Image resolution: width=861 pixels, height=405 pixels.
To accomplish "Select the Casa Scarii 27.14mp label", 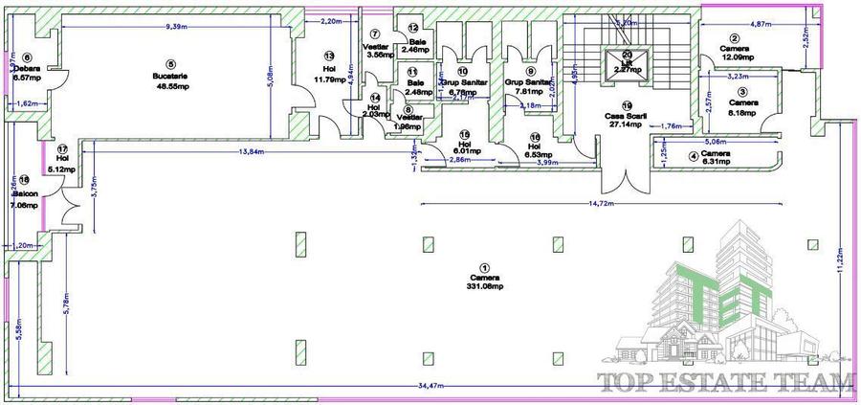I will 627,118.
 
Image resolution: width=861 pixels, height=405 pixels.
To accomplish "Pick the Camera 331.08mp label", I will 484,282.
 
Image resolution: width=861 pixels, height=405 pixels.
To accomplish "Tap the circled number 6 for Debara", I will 27,57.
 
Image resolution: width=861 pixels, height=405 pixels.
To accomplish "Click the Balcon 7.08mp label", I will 25,198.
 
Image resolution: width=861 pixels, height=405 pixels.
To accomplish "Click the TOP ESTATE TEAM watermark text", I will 724,383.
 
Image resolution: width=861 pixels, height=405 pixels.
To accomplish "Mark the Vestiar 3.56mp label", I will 374,50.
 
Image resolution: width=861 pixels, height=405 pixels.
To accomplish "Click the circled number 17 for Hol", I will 61,149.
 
